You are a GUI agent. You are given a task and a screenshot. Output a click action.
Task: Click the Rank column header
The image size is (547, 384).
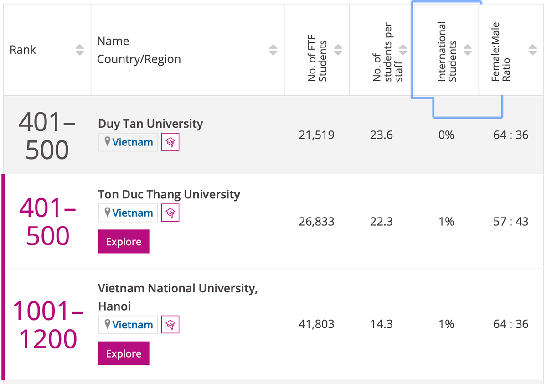(x=23, y=50)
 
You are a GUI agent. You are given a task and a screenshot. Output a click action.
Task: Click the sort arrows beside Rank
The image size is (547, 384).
(x=80, y=50)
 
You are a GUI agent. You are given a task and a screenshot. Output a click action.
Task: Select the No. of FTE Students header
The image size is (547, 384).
(x=318, y=61)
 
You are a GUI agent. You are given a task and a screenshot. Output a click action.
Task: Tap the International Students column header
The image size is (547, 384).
(x=447, y=52)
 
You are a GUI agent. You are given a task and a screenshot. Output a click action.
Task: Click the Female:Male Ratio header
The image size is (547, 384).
(x=501, y=52)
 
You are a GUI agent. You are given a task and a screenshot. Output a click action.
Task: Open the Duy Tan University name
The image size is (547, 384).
(x=150, y=124)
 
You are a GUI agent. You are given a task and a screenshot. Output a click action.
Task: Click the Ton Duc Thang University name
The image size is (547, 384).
(x=169, y=194)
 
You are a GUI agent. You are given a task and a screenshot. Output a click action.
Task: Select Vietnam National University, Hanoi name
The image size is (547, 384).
(x=178, y=297)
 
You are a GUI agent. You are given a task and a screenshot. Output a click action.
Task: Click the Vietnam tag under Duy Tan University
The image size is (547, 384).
(x=128, y=142)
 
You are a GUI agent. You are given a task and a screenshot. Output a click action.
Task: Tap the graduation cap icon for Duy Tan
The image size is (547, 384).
(x=170, y=142)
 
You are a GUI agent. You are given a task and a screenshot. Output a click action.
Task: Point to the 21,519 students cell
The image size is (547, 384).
(x=316, y=135)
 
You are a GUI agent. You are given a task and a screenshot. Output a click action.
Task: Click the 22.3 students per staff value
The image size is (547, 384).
(x=382, y=222)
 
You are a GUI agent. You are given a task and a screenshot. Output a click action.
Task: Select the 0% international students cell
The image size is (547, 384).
(x=446, y=135)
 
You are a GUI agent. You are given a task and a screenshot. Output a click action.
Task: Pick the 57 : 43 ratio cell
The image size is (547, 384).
(x=511, y=222)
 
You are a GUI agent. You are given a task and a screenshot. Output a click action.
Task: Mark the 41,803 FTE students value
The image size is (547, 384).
(x=316, y=324)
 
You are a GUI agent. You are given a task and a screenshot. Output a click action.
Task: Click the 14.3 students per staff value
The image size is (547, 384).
(x=382, y=324)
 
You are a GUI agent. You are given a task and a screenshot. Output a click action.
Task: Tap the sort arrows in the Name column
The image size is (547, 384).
(x=273, y=50)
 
